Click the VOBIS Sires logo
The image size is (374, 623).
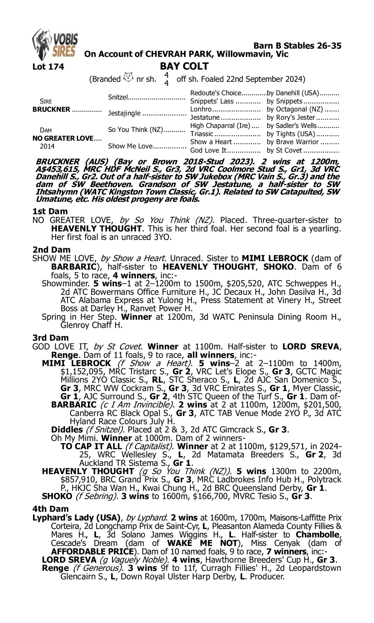pyautogui.click(x=55, y=44)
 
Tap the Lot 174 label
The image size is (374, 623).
pyautogui.click(x=48, y=67)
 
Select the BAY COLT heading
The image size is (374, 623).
pyautogui.click(x=184, y=66)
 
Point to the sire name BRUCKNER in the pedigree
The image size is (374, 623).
pyautogui.click(x=51, y=110)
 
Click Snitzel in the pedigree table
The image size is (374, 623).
pyautogui.click(x=118, y=97)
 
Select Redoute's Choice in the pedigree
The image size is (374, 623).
pyautogui.click(x=216, y=93)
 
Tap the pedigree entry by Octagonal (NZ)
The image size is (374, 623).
pyautogui.click(x=295, y=109)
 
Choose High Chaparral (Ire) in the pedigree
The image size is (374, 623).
pyautogui.click(x=220, y=126)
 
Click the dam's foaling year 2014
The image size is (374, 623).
pyautogui.click(x=47, y=146)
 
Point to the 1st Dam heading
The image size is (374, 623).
pyautogui.click(x=50, y=211)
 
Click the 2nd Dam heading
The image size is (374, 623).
pyautogui.click(x=51, y=249)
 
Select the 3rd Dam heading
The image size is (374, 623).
pyautogui.click(x=51, y=338)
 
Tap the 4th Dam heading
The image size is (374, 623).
pyautogui.click(x=51, y=509)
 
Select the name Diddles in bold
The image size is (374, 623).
pyautogui.click(x=67, y=430)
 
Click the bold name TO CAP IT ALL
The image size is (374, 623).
pyautogui.click(x=91, y=447)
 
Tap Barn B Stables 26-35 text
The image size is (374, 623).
pyautogui.click(x=297, y=46)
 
